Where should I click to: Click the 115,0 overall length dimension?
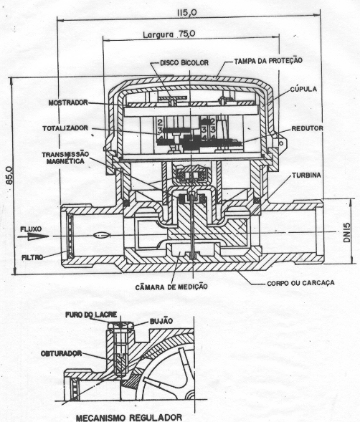pos(186,13)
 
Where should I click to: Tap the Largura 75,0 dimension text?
pos(169,34)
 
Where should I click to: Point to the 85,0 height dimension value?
pos(9,176)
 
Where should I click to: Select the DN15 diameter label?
pos(347,232)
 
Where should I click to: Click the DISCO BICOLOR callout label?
pos(184,63)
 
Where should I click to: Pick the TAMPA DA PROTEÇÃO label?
pos(268,61)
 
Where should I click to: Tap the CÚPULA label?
pos(303,89)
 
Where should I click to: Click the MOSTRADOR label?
pos(68,102)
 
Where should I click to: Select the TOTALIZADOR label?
pos(65,128)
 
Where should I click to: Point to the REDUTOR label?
pos(307,128)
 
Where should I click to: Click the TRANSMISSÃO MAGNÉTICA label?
pos(65,158)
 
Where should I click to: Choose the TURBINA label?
pos(307,176)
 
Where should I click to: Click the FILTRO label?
pos(32,257)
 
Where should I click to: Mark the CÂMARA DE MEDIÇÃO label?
pos(171,287)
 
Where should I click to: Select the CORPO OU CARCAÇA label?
pos(300,283)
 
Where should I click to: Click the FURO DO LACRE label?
pos(91,315)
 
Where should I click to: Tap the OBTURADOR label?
pos(61,353)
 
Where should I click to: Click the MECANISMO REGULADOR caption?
pos(129,418)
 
